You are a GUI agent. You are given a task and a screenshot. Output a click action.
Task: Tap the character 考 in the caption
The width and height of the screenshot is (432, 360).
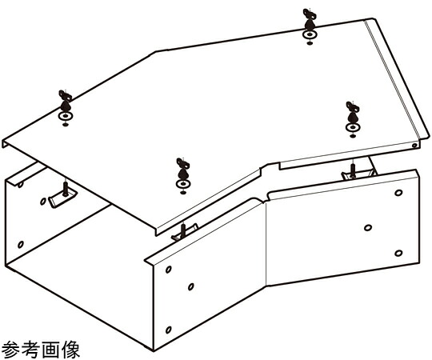click(x=30, y=350)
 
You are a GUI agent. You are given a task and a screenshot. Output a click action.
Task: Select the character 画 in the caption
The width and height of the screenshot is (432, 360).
click(x=50, y=350)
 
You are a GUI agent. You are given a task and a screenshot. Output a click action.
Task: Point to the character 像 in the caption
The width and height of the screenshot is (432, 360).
click(x=70, y=350)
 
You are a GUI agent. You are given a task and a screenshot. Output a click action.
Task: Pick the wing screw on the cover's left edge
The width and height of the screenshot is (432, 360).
click(x=65, y=101)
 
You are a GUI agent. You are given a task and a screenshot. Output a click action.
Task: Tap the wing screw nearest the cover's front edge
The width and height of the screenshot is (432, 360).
click(x=182, y=169)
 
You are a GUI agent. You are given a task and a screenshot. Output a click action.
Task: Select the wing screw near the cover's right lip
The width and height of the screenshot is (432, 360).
click(x=353, y=112)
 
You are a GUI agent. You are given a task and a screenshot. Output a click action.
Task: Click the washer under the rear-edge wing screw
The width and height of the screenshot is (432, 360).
click(x=310, y=35)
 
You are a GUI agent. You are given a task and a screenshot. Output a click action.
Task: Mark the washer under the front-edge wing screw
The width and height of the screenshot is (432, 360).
click(x=183, y=184)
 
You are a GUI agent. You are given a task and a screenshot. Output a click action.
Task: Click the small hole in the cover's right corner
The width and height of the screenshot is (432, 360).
click(x=414, y=145)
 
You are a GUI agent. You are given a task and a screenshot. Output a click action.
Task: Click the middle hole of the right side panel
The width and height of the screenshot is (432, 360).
click(x=368, y=228)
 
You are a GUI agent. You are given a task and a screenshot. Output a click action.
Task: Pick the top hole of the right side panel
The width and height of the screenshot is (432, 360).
click(x=398, y=193)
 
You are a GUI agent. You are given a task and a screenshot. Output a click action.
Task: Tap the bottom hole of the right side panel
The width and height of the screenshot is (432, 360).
click(x=398, y=253)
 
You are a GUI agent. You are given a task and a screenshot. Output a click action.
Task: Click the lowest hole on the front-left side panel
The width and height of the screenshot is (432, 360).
click(x=169, y=330)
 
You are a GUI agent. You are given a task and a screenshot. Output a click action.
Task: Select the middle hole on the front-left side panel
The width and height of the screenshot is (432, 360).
click(x=191, y=286)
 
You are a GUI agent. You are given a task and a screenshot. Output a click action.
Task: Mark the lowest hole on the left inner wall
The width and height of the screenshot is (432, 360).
click(x=21, y=244)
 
